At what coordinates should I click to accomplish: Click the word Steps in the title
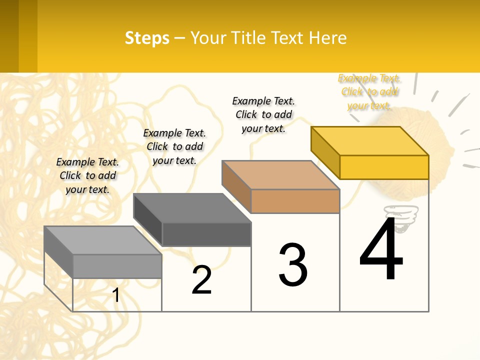pyautogui.click(x=147, y=38)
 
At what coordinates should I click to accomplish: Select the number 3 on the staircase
pyautogui.click(x=293, y=265)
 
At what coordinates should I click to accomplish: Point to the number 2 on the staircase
pyautogui.click(x=202, y=280)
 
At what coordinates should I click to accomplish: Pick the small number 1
pyautogui.click(x=116, y=295)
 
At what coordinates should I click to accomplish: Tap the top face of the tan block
pyautogui.click(x=280, y=175)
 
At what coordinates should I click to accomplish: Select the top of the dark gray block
pyautogui.click(x=191, y=208)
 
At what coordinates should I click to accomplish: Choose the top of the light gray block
pyautogui.click(x=102, y=240)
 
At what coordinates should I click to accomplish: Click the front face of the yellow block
pyautogui.click(x=384, y=167)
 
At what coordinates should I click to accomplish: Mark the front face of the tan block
pyautogui.click(x=295, y=201)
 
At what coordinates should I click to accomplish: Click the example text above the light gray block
pyautogui.click(x=87, y=175)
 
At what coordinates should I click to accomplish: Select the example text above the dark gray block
pyautogui.click(x=174, y=146)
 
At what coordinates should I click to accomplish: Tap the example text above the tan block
pyautogui.click(x=263, y=114)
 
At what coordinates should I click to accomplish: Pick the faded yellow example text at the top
pyautogui.click(x=369, y=92)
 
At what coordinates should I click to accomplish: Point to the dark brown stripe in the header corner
pyautogui.click(x=9, y=36)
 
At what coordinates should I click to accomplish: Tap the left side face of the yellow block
pyautogui.click(x=325, y=152)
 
